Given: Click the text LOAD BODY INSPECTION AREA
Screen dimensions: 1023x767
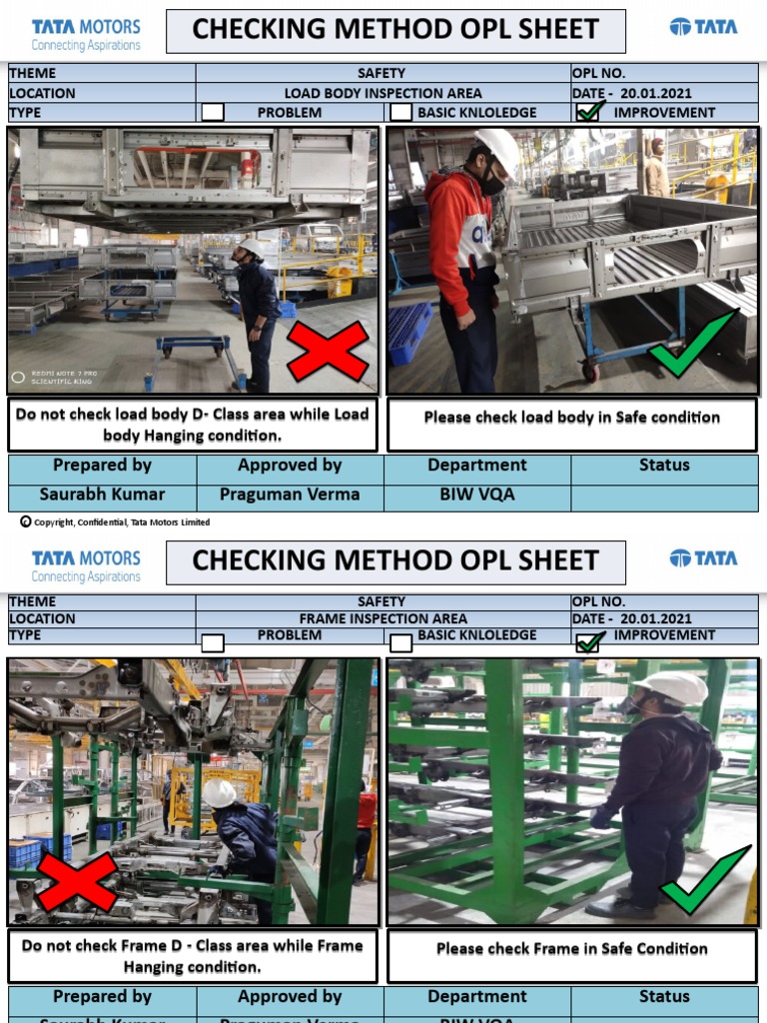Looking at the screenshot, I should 383,93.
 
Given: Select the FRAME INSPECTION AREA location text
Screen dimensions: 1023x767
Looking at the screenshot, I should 383,618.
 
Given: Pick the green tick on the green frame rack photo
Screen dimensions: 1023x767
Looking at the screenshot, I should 705,879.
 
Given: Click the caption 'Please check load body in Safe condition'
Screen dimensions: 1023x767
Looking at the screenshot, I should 571,418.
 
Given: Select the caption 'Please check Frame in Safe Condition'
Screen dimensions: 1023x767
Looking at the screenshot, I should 571,949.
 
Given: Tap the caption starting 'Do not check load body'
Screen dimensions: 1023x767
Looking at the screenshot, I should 192,425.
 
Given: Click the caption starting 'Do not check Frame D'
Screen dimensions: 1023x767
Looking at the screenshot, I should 192,956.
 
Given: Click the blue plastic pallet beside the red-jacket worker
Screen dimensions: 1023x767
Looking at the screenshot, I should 410,332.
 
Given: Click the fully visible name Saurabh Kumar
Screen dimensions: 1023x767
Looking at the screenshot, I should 102,495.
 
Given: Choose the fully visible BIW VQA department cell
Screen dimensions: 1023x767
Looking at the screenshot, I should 477,495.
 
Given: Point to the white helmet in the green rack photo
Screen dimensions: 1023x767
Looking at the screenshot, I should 673,687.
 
